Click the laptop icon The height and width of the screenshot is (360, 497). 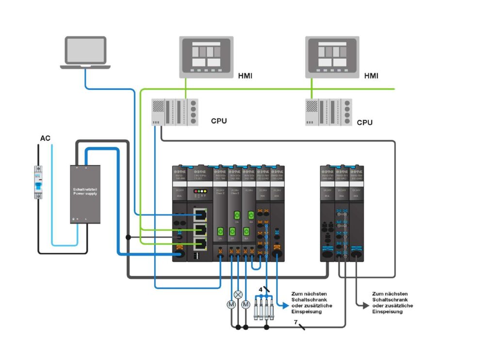(x=85, y=51)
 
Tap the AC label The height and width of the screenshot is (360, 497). (x=45, y=138)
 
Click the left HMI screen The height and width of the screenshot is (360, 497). (x=206, y=57)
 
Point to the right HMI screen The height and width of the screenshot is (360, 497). (x=332, y=57)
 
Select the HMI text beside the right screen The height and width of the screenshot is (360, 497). (x=371, y=76)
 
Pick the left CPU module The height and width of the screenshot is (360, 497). (x=175, y=112)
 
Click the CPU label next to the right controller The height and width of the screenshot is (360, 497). (x=365, y=123)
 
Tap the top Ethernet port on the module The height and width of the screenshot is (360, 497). (x=199, y=214)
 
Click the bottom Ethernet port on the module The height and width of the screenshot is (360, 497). (x=199, y=244)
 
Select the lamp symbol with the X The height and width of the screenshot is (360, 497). (x=238, y=295)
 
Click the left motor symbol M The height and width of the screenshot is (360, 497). (x=231, y=304)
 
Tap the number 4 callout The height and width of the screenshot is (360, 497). (x=261, y=290)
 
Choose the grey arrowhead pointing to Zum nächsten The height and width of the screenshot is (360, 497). (x=366, y=305)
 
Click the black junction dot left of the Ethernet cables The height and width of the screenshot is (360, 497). (x=128, y=237)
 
